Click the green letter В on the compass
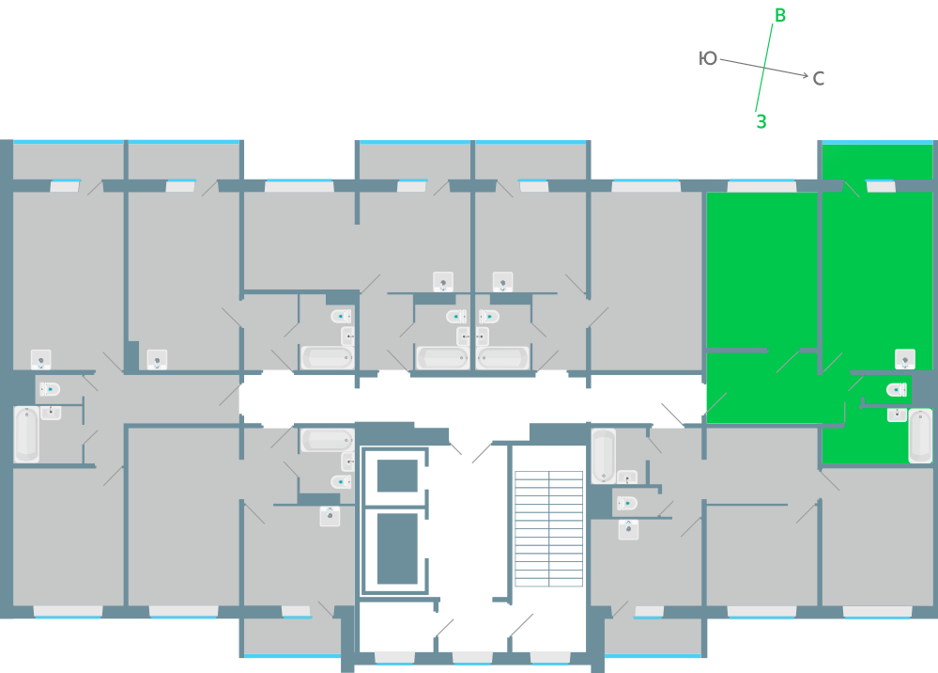(780, 15)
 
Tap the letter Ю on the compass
(708, 59)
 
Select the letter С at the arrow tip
(819, 79)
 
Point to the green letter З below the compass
(761, 121)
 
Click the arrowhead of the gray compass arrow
(805, 75)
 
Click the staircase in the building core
(549, 527)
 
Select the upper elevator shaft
(396, 477)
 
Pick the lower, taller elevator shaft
(396, 548)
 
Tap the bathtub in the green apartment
(920, 435)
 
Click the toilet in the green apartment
(898, 389)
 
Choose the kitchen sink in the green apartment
(905, 358)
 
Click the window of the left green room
(761, 186)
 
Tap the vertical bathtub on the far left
(26, 434)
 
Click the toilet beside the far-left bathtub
(49, 388)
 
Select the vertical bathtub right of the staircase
(603, 456)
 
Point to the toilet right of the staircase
(625, 503)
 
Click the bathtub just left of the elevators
(327, 439)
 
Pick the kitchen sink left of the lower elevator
(330, 515)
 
